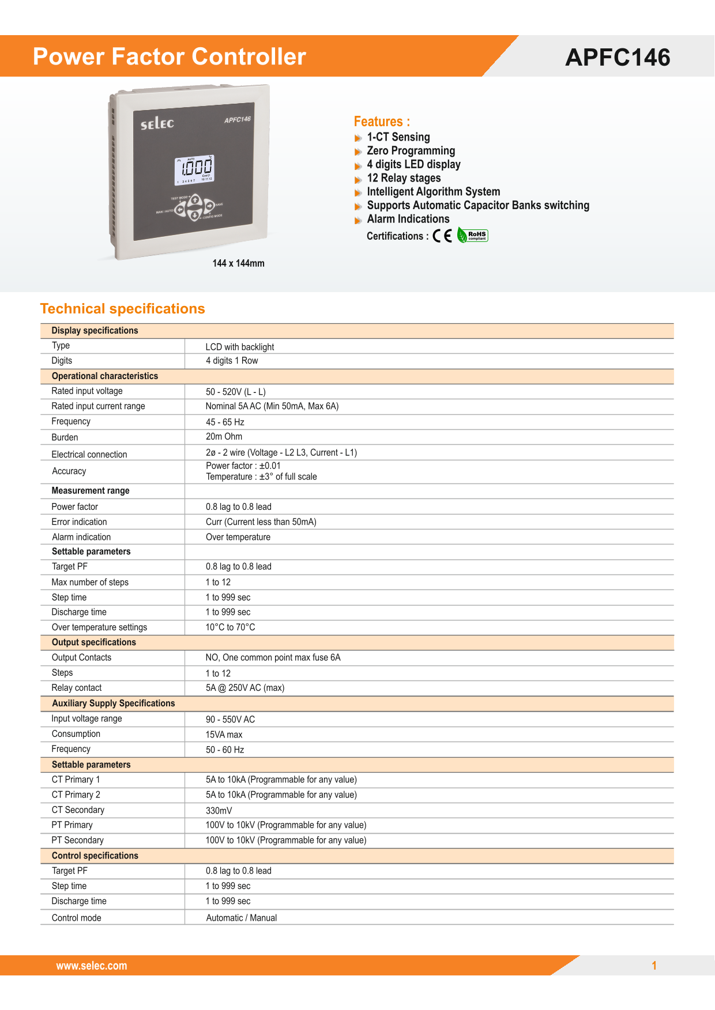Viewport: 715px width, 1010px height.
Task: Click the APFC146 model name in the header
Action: point(618,58)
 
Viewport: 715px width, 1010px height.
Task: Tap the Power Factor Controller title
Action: point(170,56)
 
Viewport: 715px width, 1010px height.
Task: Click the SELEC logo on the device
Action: point(157,123)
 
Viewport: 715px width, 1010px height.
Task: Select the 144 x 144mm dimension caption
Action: point(238,263)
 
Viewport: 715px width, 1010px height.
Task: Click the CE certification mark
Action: point(442,236)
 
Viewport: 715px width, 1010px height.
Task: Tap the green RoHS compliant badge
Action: point(473,235)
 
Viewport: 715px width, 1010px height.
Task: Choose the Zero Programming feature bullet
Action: point(411,151)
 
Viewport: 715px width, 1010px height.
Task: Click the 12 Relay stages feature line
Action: point(404,178)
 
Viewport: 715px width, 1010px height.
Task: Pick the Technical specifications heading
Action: point(122,309)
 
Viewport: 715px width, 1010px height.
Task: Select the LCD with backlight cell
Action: point(240,347)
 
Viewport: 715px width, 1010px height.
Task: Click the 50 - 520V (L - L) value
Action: point(236,392)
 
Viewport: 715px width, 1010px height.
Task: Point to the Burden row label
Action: point(65,437)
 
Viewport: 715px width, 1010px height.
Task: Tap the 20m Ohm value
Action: point(224,437)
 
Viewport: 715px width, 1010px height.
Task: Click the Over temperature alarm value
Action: point(238,537)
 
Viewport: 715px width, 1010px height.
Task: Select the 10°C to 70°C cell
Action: point(230,627)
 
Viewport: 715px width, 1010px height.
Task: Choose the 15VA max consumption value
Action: point(224,735)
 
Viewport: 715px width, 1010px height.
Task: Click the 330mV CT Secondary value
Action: point(219,811)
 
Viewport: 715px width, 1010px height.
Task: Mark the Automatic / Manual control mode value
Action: point(242,918)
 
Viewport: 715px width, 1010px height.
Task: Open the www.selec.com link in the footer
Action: point(92,966)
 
